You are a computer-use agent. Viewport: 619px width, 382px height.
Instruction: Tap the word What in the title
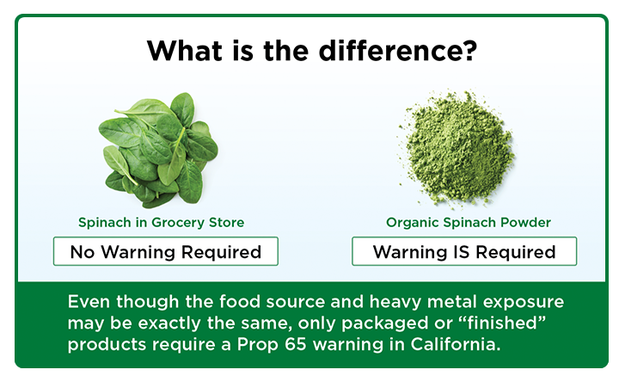178,50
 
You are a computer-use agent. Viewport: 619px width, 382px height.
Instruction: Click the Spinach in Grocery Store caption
162,223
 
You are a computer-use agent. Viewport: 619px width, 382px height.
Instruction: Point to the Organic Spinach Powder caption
469,223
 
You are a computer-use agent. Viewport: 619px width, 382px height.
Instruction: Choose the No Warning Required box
165,252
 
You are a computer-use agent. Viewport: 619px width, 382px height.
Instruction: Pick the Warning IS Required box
464,252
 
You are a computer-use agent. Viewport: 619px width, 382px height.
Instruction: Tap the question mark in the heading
469,50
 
